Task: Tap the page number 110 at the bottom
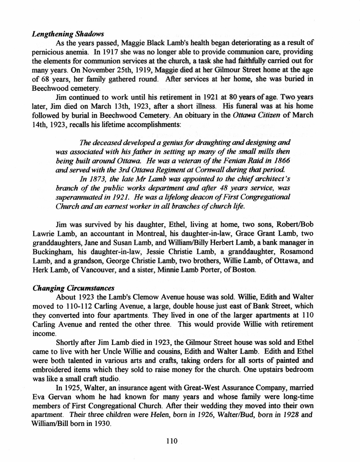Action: [172, 441]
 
